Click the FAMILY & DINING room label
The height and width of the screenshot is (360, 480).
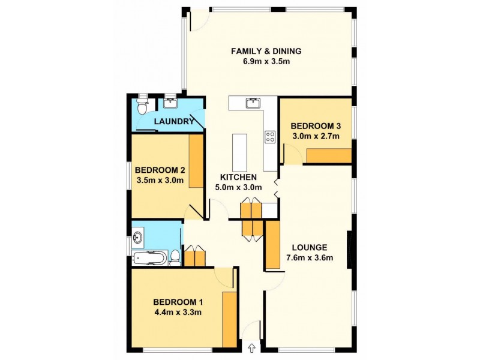click(x=266, y=50)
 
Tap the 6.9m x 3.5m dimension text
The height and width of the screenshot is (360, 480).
click(x=266, y=62)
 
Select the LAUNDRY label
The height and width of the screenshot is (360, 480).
click(x=174, y=122)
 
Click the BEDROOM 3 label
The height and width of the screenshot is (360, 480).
click(x=316, y=126)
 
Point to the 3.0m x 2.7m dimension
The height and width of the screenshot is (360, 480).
click(x=316, y=136)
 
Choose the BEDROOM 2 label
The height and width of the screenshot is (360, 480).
click(x=160, y=169)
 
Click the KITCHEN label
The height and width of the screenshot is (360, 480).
click(x=238, y=177)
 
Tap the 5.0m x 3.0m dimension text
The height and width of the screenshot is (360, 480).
click(x=238, y=187)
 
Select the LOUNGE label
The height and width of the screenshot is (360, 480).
click(x=309, y=247)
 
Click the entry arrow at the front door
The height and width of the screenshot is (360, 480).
click(x=251, y=347)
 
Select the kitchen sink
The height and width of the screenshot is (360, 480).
click(x=253, y=103)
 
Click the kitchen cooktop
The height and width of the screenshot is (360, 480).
click(x=270, y=137)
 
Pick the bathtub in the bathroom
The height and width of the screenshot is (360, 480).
click(x=151, y=258)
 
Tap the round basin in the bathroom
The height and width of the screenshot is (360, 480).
click(x=139, y=238)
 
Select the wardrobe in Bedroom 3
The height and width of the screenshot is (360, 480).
click(x=328, y=156)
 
